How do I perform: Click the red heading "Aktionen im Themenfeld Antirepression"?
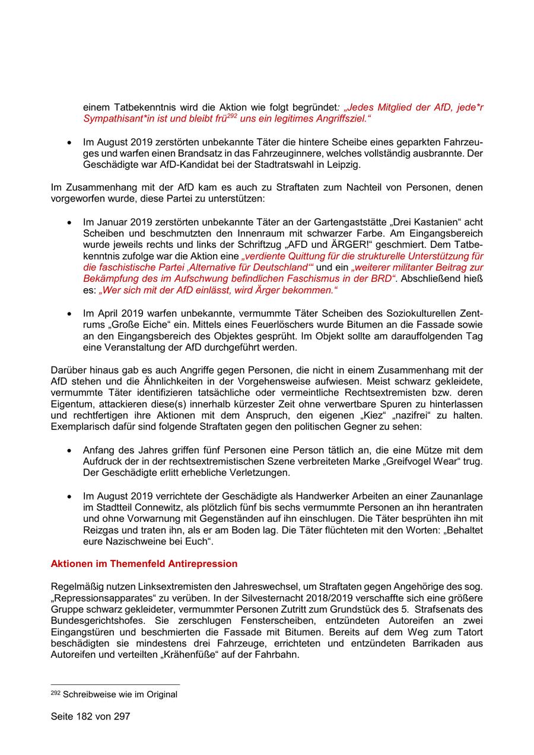pos(144,563)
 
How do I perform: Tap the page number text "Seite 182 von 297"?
pos(90,716)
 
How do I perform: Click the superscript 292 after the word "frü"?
pos(232,116)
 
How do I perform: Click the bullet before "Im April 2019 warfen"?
pos(70,314)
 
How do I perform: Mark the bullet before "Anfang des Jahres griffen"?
pos(70,450)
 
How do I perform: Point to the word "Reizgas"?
pos(101,530)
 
